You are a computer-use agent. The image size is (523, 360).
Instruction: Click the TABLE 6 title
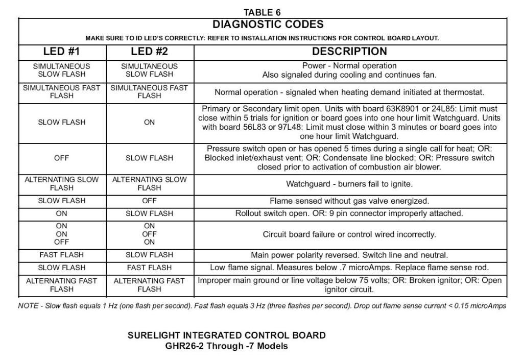coord(262,12)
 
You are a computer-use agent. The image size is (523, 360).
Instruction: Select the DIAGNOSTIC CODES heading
coord(268,25)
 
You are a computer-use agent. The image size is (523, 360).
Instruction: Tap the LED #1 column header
coord(62,52)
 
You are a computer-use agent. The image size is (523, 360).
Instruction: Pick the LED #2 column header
coord(149,52)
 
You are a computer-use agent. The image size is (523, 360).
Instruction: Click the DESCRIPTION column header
coord(349,52)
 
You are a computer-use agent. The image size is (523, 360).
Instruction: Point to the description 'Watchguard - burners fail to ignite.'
coord(349,184)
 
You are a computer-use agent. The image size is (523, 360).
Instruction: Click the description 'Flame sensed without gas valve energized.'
coord(349,201)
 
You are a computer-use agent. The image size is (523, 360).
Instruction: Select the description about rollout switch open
coord(349,213)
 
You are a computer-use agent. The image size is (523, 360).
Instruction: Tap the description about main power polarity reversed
coord(349,255)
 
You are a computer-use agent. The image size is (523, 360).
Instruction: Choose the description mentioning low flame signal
coord(349,268)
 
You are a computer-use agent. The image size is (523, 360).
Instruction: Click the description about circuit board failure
coord(349,234)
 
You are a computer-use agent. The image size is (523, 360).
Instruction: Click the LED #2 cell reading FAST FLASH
coord(149,268)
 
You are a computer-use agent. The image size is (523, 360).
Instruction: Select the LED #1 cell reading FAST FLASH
coord(62,255)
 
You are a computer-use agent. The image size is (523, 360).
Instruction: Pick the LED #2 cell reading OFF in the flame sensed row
coord(149,201)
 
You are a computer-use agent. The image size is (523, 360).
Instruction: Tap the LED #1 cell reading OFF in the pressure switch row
coord(62,158)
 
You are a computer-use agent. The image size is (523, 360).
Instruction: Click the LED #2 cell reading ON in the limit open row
coord(149,123)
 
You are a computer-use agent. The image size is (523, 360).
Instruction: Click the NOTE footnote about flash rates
coord(262,306)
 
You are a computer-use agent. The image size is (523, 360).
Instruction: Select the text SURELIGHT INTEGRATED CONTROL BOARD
coord(226,335)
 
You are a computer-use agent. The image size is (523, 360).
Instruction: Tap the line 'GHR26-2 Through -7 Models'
coord(226,346)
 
